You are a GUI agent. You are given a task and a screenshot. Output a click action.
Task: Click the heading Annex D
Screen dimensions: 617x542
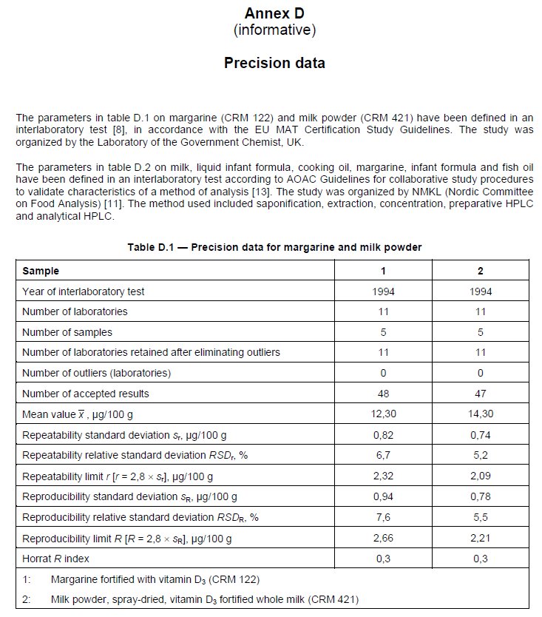(274, 13)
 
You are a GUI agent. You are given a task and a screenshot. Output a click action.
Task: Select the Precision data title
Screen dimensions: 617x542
(274, 63)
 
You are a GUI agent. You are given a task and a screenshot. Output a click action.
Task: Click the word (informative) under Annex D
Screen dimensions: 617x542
(274, 30)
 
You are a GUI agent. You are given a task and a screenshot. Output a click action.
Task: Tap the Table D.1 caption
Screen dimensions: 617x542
(274, 247)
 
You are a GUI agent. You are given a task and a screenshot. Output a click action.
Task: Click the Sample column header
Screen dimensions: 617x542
(41, 271)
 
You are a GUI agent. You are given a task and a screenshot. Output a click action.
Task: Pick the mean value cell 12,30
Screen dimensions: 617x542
(383, 414)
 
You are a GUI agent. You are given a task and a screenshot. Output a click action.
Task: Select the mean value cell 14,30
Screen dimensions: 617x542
(480, 414)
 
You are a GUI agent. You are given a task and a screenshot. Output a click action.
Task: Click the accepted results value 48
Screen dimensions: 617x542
(383, 394)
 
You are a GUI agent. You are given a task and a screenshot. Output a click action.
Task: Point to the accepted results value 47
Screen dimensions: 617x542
(480, 394)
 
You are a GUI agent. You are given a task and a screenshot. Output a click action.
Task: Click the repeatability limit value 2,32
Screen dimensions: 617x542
(383, 476)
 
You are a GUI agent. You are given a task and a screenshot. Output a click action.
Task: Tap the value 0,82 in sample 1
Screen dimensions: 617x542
(383, 435)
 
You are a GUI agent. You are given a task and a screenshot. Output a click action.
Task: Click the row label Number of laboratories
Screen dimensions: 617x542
(75, 311)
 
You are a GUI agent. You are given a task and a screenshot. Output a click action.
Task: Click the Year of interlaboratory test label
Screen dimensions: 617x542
(83, 291)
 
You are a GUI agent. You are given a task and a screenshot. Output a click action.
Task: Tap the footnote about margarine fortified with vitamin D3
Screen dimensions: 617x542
(155, 579)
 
